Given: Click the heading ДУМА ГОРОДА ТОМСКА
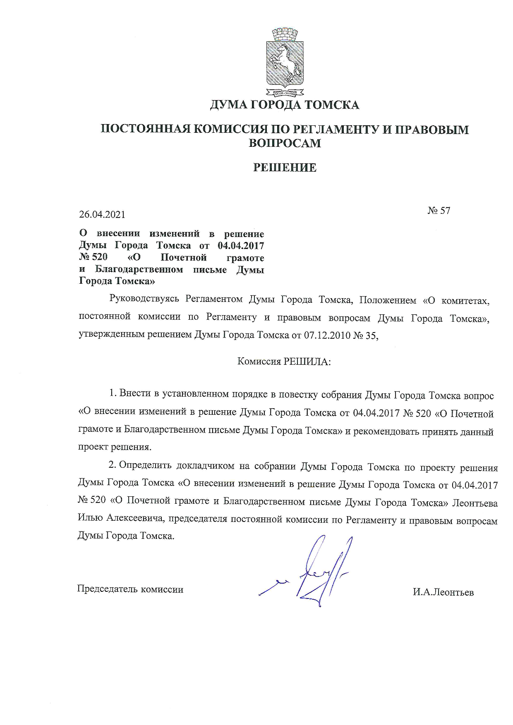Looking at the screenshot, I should point(284,105).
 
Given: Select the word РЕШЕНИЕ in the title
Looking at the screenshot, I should point(284,167).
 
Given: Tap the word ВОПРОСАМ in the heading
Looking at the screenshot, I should point(284,143).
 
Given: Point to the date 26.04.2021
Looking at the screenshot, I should point(102,215).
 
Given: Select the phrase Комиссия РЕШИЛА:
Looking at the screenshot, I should point(284,361).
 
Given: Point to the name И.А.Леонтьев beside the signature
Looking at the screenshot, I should point(443,592).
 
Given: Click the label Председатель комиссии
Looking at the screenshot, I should point(130,589).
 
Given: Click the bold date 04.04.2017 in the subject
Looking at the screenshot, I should point(240,246).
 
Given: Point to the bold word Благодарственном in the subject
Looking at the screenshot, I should point(139,270).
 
